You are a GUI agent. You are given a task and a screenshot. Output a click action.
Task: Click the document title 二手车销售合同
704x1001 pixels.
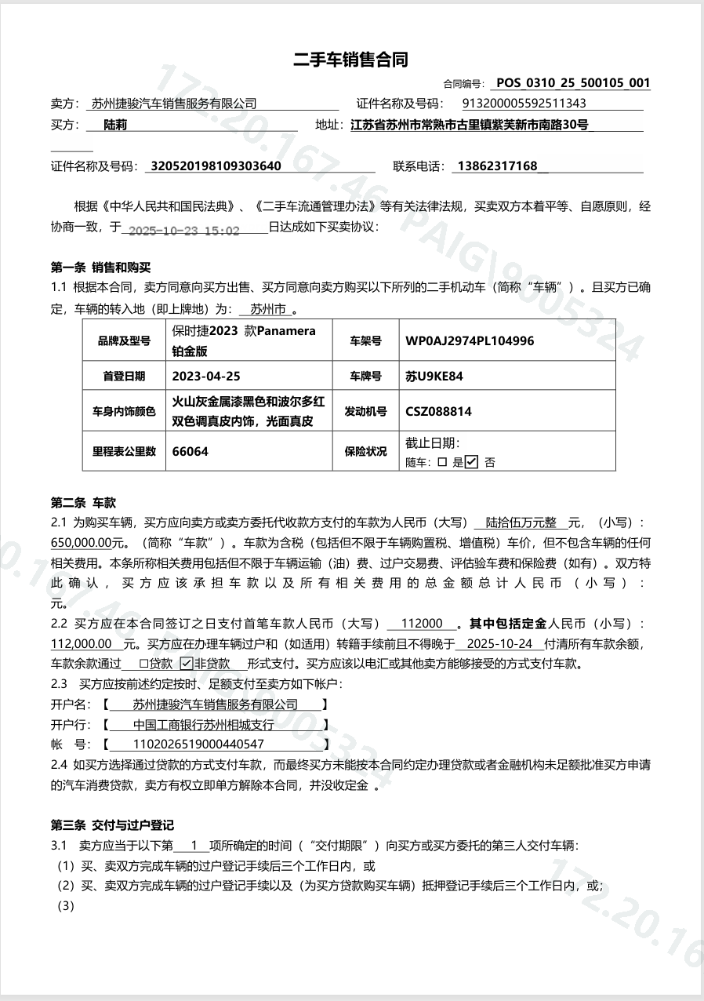coord(351,60)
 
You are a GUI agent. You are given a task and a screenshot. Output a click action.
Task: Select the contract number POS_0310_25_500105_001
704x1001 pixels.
coord(573,83)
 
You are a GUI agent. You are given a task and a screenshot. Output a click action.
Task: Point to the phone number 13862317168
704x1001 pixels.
coord(497,166)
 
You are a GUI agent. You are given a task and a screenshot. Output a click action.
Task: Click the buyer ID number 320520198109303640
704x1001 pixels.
coord(216,166)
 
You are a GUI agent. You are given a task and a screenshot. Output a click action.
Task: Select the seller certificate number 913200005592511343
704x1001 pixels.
coord(524,104)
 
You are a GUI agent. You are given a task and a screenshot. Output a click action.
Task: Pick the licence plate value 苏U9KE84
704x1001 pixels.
coord(434,377)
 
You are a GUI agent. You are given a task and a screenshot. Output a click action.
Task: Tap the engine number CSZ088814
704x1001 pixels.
coord(438,411)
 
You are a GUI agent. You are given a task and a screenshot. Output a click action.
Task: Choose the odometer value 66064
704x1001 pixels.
coord(190,451)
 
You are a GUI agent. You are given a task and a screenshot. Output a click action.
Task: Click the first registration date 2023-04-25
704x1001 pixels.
coord(205,377)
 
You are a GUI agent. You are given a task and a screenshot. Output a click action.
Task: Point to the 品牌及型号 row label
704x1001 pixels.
coord(124,341)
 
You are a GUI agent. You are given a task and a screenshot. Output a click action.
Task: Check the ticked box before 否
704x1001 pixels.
coord(471,462)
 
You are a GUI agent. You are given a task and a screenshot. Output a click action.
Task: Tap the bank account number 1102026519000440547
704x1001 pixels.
coord(199,744)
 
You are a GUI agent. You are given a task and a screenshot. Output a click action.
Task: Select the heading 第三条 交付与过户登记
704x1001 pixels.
coord(112,825)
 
